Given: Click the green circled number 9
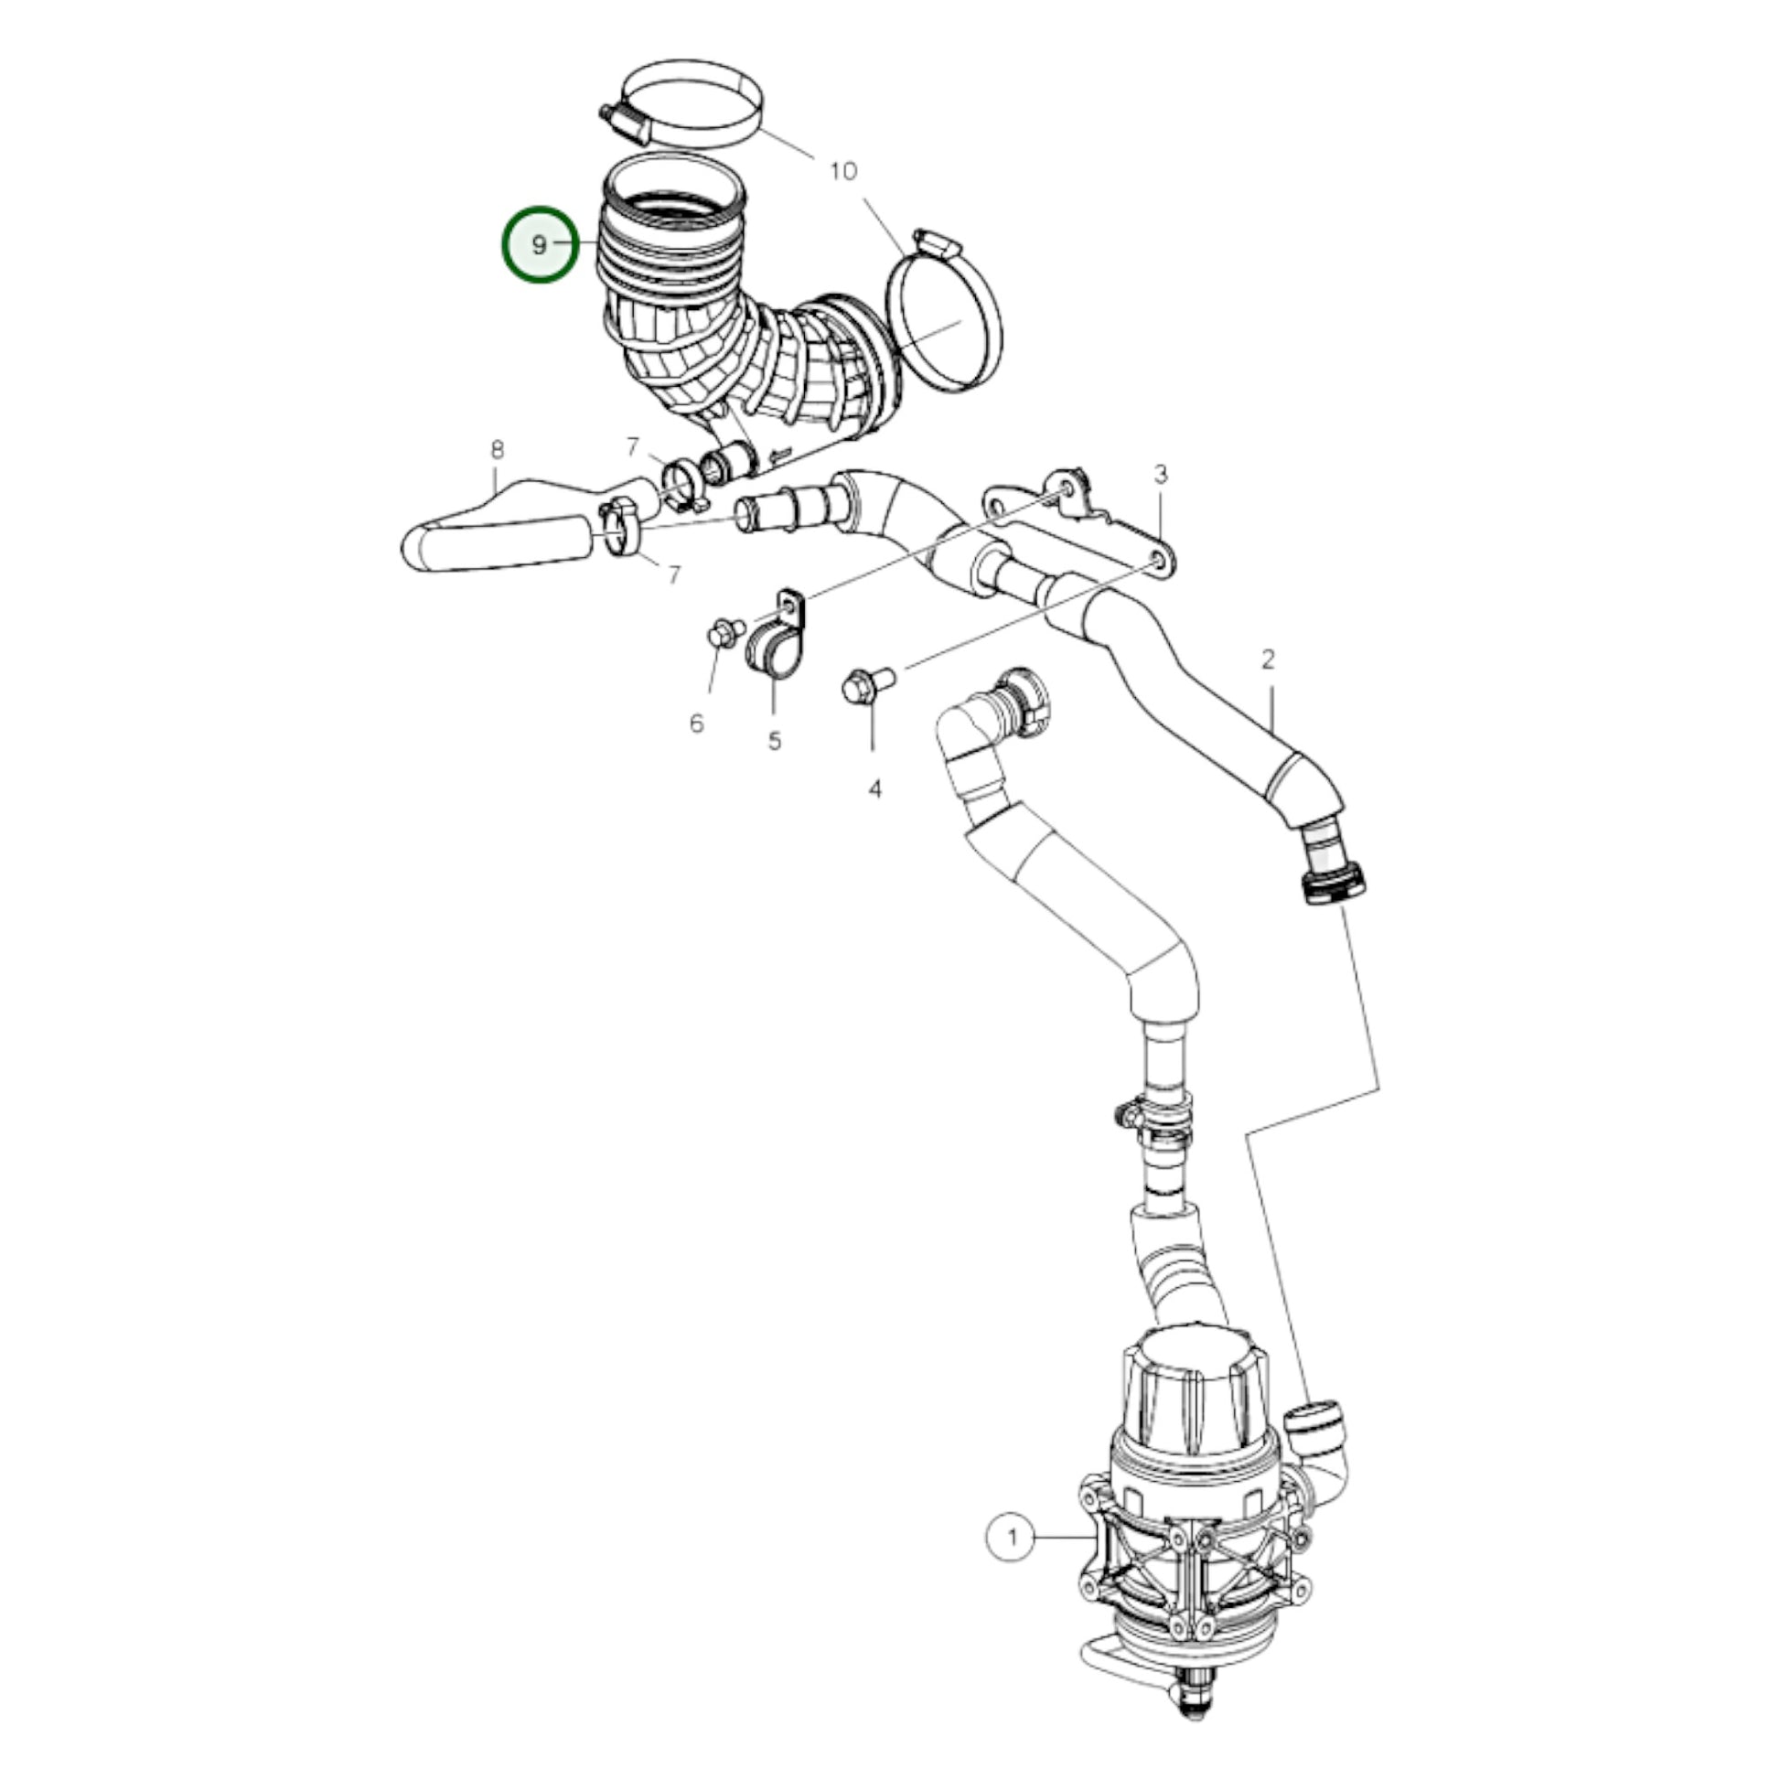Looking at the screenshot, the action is click(x=540, y=244).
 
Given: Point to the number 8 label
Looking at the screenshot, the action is click(x=498, y=450).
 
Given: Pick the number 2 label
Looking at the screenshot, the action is click(x=1268, y=659).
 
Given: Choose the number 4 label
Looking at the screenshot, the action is click(x=874, y=788).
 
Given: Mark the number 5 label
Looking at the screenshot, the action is click(x=774, y=740).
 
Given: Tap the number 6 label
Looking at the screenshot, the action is click(x=696, y=724).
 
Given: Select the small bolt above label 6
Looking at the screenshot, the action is click(x=726, y=634).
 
